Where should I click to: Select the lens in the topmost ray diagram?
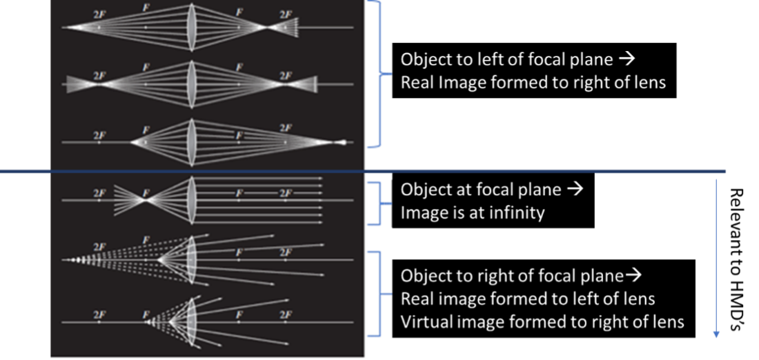[x=190, y=27]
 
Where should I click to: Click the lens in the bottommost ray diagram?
[x=192, y=321]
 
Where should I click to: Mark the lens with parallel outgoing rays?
[x=190, y=200]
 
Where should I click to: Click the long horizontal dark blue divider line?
[x=363, y=171]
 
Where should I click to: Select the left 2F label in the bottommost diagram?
[x=99, y=315]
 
